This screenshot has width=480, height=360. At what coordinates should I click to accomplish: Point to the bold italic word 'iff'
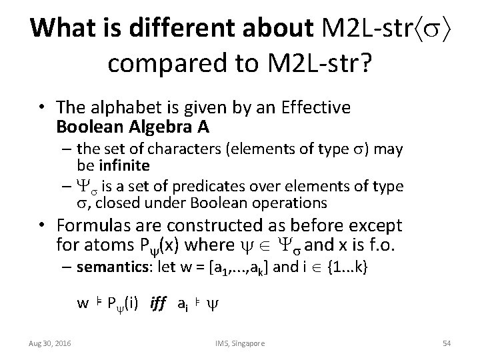[158, 303]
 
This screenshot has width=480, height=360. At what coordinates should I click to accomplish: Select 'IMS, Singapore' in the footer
[240, 343]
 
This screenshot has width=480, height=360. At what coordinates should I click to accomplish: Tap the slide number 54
[447, 343]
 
